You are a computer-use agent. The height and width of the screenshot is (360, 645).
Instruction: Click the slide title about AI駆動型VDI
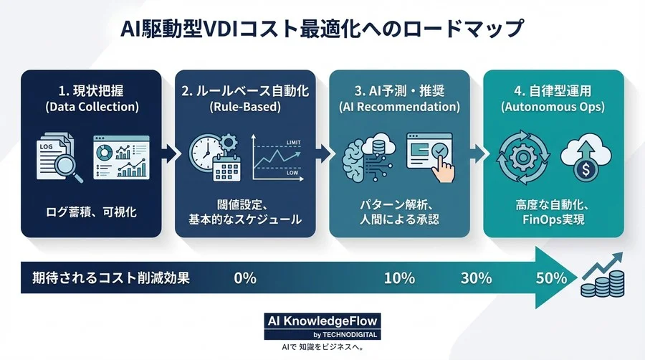(322, 31)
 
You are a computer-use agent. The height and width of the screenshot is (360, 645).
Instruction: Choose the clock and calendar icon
(212, 158)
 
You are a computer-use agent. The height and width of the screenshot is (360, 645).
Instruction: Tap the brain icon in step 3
(363, 157)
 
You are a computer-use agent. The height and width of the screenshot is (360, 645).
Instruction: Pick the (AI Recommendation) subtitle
(399, 108)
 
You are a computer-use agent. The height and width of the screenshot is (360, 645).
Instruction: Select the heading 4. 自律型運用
(553, 91)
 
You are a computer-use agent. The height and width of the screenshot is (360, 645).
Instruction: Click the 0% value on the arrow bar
(245, 278)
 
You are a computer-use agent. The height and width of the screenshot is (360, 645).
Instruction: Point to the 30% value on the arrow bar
(476, 278)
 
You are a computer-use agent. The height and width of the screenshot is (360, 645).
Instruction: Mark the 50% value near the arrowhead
(550, 278)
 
